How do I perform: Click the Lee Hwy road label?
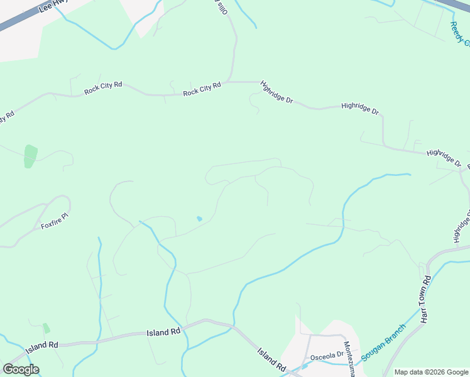(52, 6)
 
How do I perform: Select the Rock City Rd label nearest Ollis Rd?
(202, 89)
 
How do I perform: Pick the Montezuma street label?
(347, 359)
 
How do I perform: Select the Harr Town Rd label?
(426, 299)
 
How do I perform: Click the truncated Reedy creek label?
(459, 35)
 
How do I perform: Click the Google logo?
(21, 369)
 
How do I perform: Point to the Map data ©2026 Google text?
(431, 372)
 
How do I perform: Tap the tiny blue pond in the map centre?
(199, 219)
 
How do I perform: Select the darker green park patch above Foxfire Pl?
(30, 156)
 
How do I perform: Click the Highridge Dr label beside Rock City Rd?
(276, 92)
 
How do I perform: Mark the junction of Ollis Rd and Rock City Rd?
(234, 82)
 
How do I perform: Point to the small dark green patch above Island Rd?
(46, 328)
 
